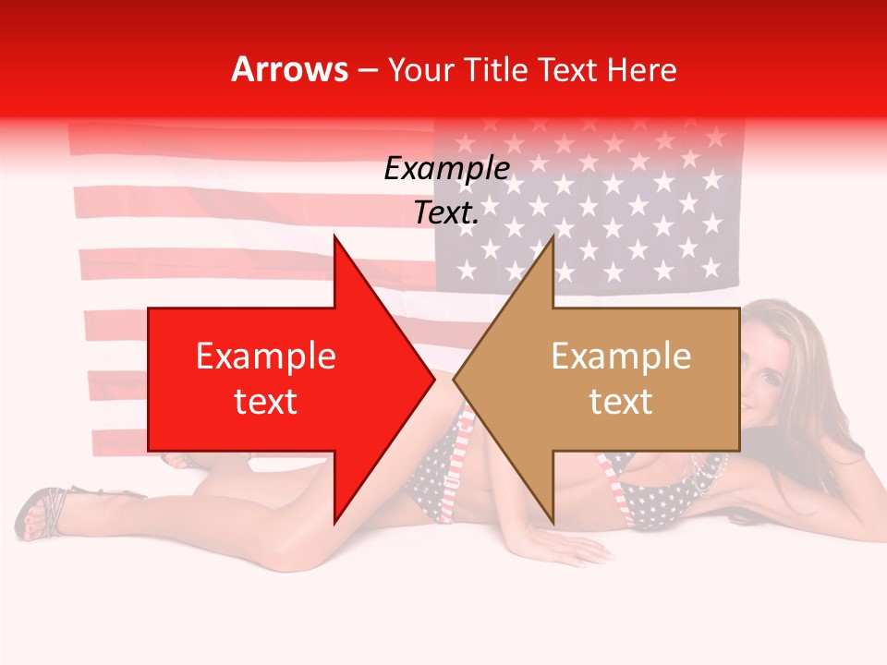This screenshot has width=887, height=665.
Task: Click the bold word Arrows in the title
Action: [x=290, y=69]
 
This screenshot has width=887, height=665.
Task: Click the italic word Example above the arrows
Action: [x=446, y=169]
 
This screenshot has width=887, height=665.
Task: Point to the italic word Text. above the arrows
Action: [x=446, y=213]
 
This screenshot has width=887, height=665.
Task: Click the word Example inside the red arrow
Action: [x=266, y=356]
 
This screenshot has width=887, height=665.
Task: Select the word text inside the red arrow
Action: [x=266, y=402]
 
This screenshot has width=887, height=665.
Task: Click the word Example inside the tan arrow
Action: [x=621, y=356]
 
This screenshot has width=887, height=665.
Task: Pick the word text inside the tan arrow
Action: [x=621, y=402]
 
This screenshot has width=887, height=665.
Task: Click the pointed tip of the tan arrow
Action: [x=456, y=379]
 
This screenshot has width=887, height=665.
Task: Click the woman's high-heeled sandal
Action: [x=42, y=513]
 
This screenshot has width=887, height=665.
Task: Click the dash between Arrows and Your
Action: [x=369, y=69]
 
